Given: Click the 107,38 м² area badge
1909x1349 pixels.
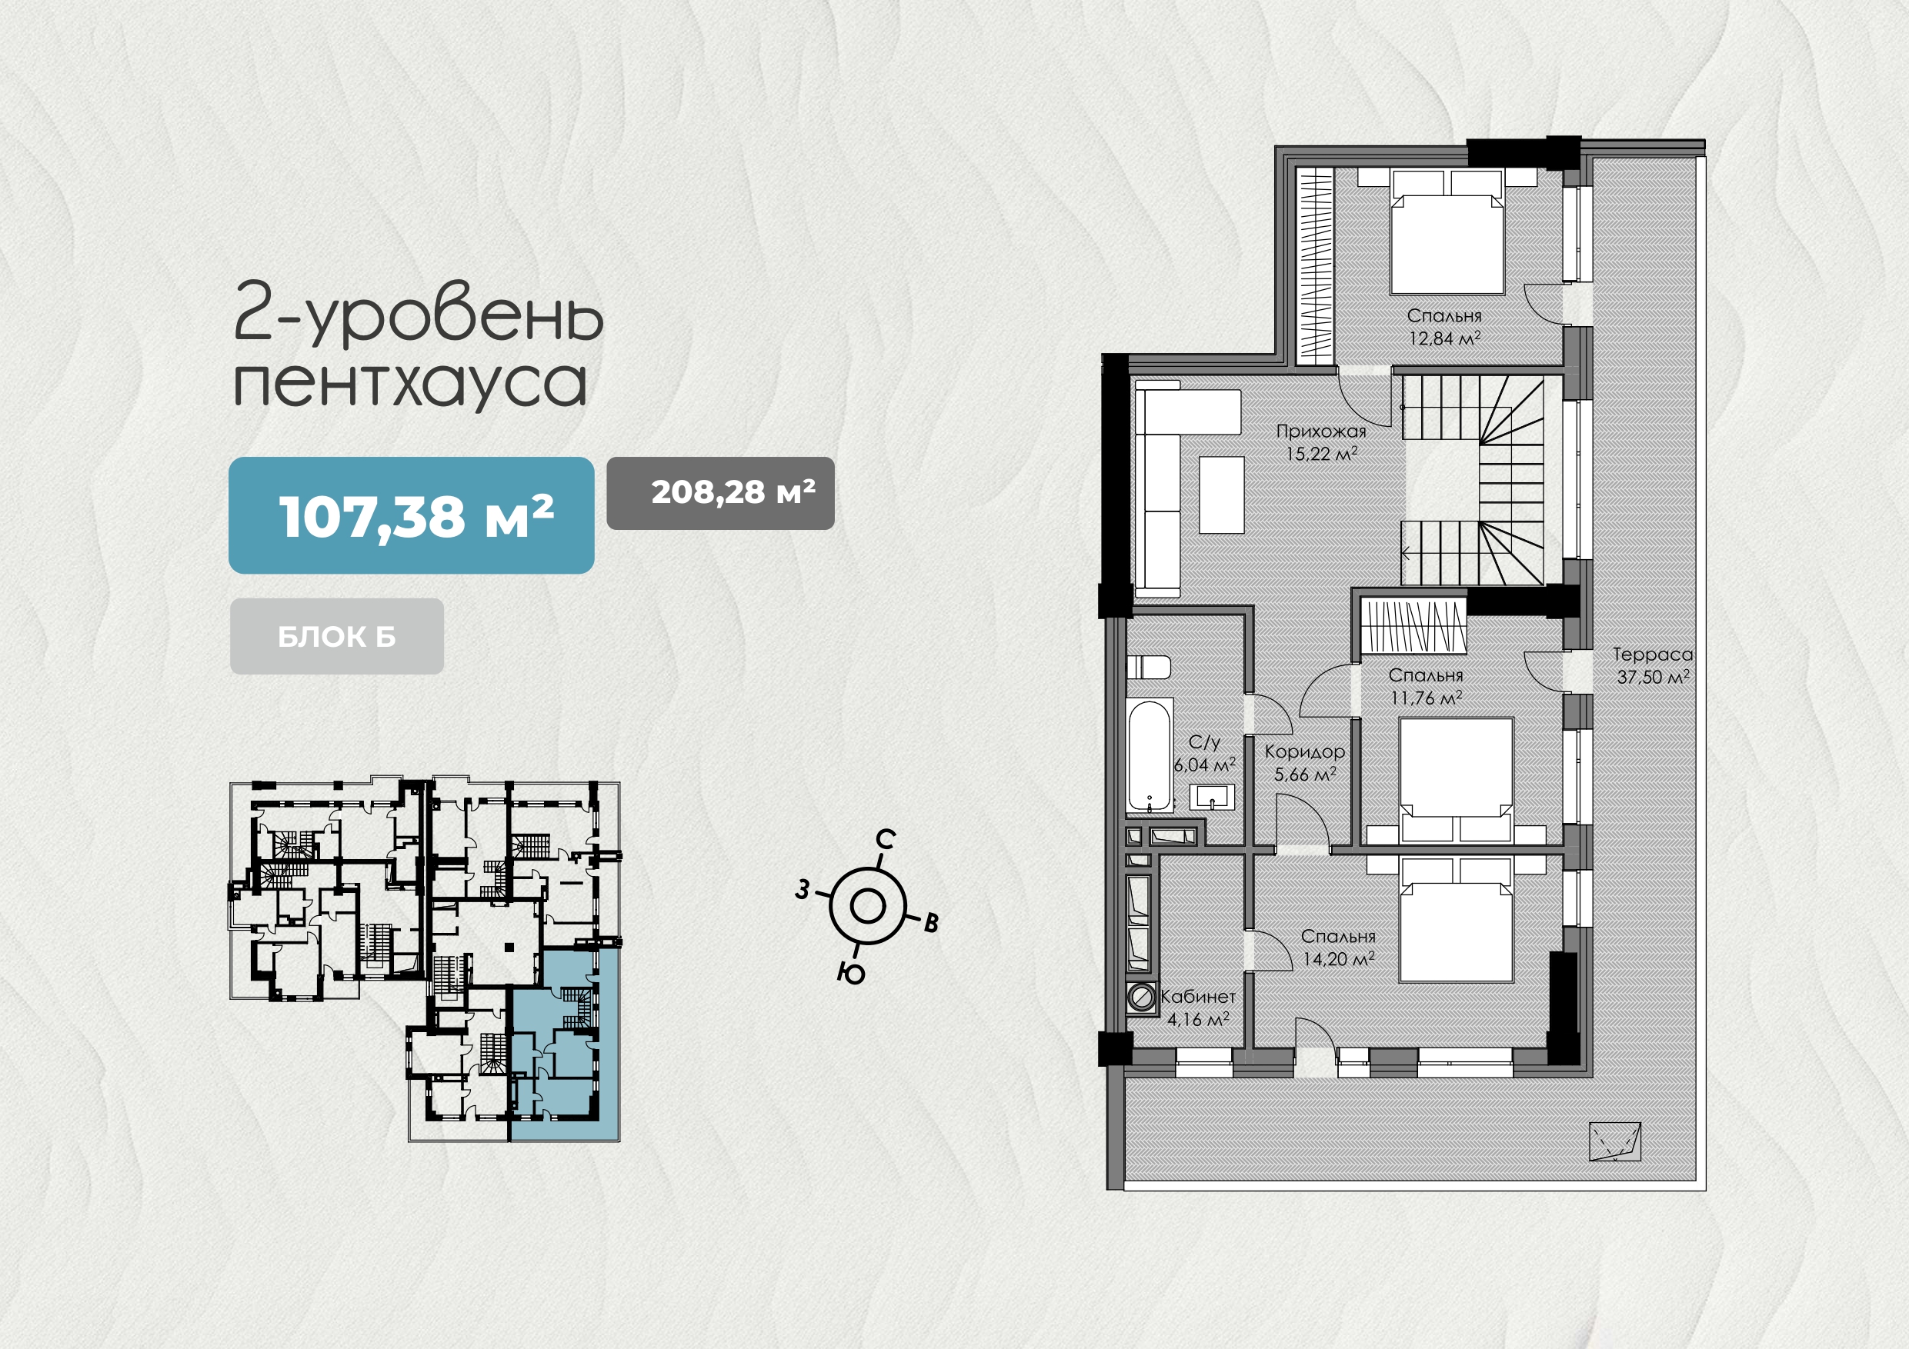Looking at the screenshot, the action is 412,515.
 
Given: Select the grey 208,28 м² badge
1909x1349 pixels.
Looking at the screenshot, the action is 721,493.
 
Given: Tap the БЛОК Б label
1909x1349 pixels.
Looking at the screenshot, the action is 337,637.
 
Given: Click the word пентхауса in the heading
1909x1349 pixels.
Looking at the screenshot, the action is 410,384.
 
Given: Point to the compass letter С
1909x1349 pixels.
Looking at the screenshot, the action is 886,840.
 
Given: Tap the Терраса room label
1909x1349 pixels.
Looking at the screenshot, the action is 1653,655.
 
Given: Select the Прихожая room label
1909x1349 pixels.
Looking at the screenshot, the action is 1321,431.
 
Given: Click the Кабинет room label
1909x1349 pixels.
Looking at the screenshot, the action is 1198,996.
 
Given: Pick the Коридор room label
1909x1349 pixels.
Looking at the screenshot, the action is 1304,752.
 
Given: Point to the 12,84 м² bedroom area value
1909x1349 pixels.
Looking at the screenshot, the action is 1445,338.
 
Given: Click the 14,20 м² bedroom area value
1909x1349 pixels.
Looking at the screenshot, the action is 1339,958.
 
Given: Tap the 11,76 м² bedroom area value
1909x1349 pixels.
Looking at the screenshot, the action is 1426,698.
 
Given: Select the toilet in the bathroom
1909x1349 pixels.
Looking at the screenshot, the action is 1149,668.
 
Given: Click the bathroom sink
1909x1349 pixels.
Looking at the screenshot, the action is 1211,798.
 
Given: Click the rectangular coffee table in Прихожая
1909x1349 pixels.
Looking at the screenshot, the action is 1221,495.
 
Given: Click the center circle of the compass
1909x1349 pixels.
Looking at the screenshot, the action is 867,906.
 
